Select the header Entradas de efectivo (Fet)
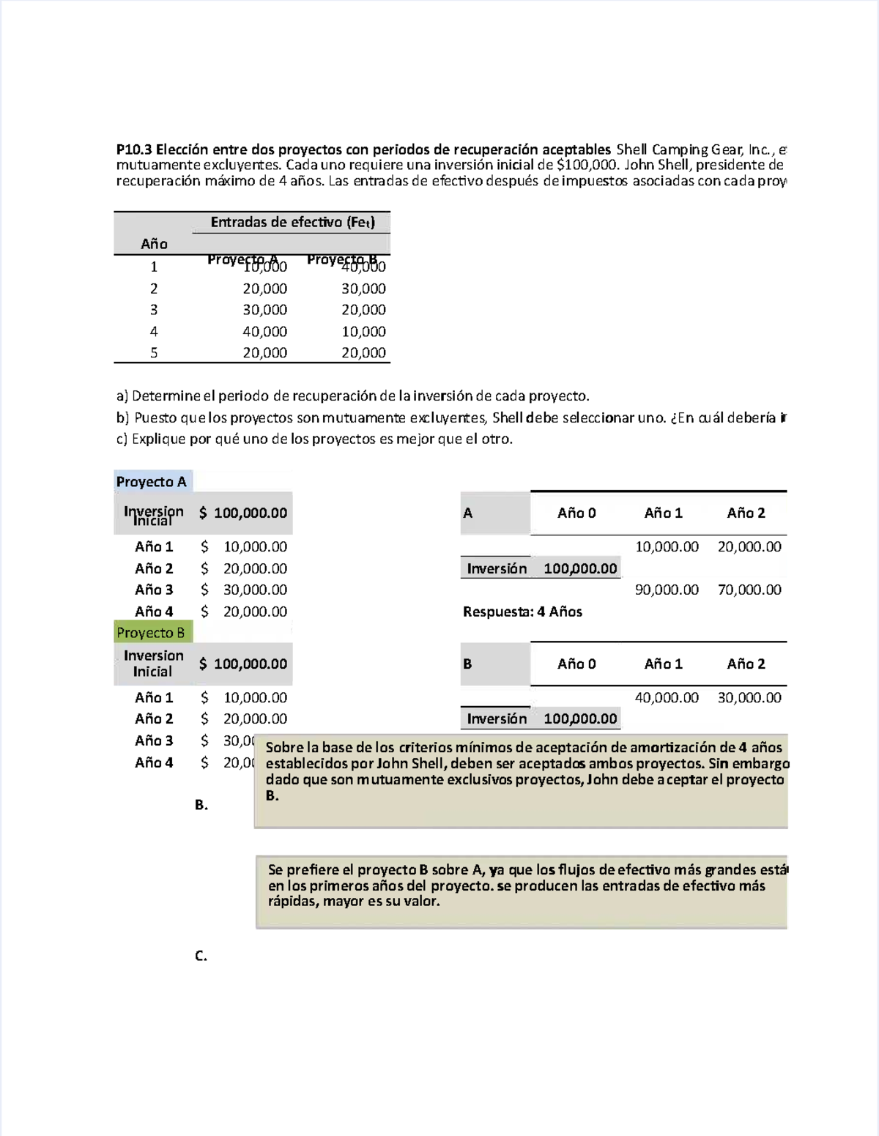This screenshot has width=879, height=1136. (292, 222)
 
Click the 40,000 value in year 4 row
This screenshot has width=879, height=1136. (264, 332)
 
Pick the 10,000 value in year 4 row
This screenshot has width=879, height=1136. (363, 332)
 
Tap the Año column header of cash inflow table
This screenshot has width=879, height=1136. (154, 244)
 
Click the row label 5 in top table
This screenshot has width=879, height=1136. (154, 353)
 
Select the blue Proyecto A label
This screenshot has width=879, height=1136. (152, 481)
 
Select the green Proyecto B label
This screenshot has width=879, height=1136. (151, 633)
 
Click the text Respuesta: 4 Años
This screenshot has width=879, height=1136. (522, 612)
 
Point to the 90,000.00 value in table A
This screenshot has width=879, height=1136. (667, 590)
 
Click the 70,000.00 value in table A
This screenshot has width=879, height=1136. (749, 590)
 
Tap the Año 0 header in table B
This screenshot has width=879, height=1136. (576, 664)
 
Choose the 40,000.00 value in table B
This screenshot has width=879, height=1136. (667, 698)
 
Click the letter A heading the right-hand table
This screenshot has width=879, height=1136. (468, 513)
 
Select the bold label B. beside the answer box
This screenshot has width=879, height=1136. (201, 805)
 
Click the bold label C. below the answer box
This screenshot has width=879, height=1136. (201, 956)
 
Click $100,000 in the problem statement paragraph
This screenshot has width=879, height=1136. (587, 165)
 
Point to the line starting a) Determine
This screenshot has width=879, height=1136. (352, 396)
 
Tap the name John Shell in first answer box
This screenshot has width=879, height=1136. (410, 763)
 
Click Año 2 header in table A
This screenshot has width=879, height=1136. (746, 513)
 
